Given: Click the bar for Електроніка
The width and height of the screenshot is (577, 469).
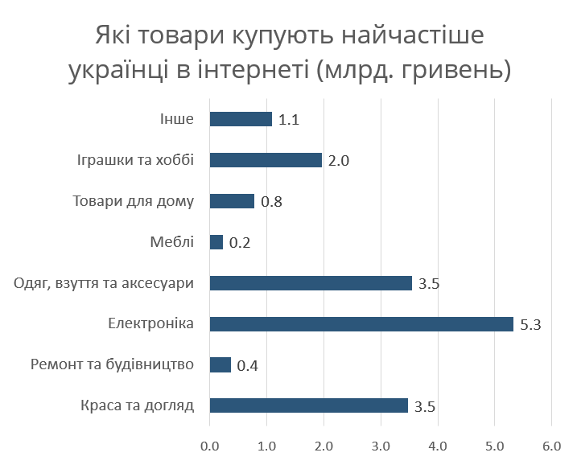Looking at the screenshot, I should (x=361, y=324).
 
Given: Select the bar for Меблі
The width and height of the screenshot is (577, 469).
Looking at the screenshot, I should (x=216, y=242).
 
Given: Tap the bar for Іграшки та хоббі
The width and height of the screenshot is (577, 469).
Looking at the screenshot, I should (x=266, y=160).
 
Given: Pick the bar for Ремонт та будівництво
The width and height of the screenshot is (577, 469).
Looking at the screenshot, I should (x=220, y=365).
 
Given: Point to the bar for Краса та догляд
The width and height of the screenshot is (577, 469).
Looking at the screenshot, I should (x=309, y=406).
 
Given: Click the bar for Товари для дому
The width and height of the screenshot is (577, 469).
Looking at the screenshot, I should (x=232, y=201).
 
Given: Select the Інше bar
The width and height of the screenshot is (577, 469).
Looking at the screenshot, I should (x=241, y=119).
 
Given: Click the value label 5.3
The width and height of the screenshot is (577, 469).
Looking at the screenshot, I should (x=530, y=324).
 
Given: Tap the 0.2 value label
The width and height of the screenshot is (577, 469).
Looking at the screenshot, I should (x=239, y=242).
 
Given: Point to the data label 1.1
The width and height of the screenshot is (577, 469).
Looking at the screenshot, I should (x=289, y=120).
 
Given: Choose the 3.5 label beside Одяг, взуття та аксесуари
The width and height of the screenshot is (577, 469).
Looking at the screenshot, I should (x=429, y=283).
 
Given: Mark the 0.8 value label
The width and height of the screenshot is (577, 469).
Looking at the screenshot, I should (x=271, y=202).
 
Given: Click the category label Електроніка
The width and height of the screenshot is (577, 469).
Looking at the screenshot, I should (x=150, y=324).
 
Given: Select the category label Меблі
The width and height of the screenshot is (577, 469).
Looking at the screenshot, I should (x=171, y=242).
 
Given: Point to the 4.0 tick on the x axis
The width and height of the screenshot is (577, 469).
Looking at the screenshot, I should (x=437, y=445).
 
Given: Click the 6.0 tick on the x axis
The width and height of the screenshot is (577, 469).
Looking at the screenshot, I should (x=551, y=445).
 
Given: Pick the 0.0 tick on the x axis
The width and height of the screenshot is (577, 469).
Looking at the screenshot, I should (x=209, y=445).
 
